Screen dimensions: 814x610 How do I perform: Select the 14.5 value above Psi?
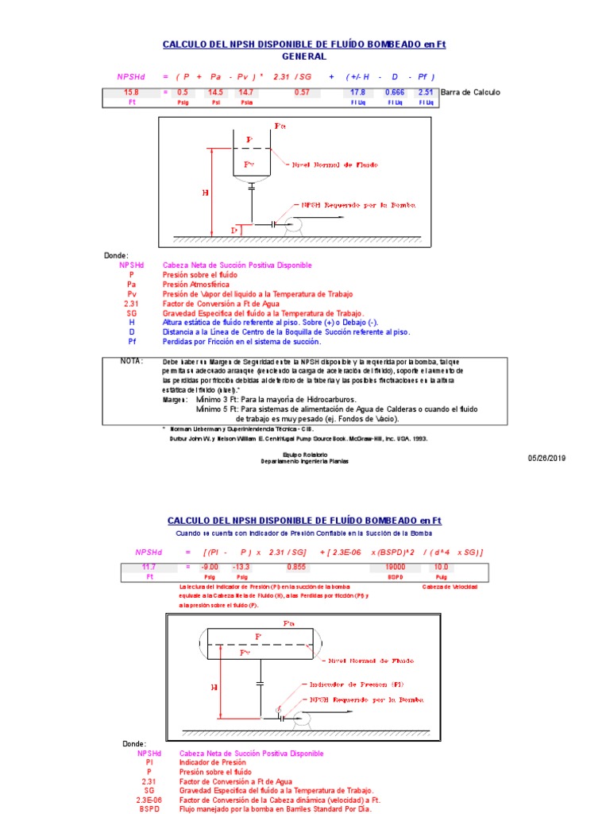[x=215, y=92]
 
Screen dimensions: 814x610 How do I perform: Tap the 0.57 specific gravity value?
[x=302, y=92]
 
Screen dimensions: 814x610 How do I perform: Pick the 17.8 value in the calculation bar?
[x=358, y=92]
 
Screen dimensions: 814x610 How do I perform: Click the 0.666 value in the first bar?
[x=394, y=92]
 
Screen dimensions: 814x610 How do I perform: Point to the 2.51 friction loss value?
[x=426, y=92]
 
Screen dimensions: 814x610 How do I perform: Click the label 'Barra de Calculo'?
[x=470, y=92]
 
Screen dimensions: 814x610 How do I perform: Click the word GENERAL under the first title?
[x=303, y=57]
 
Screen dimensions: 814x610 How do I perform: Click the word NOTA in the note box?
[x=131, y=360]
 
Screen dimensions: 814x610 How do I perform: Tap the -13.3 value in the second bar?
[x=241, y=567]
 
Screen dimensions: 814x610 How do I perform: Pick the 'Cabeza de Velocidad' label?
[x=450, y=586]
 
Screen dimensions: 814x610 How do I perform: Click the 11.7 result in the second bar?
[x=149, y=567]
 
